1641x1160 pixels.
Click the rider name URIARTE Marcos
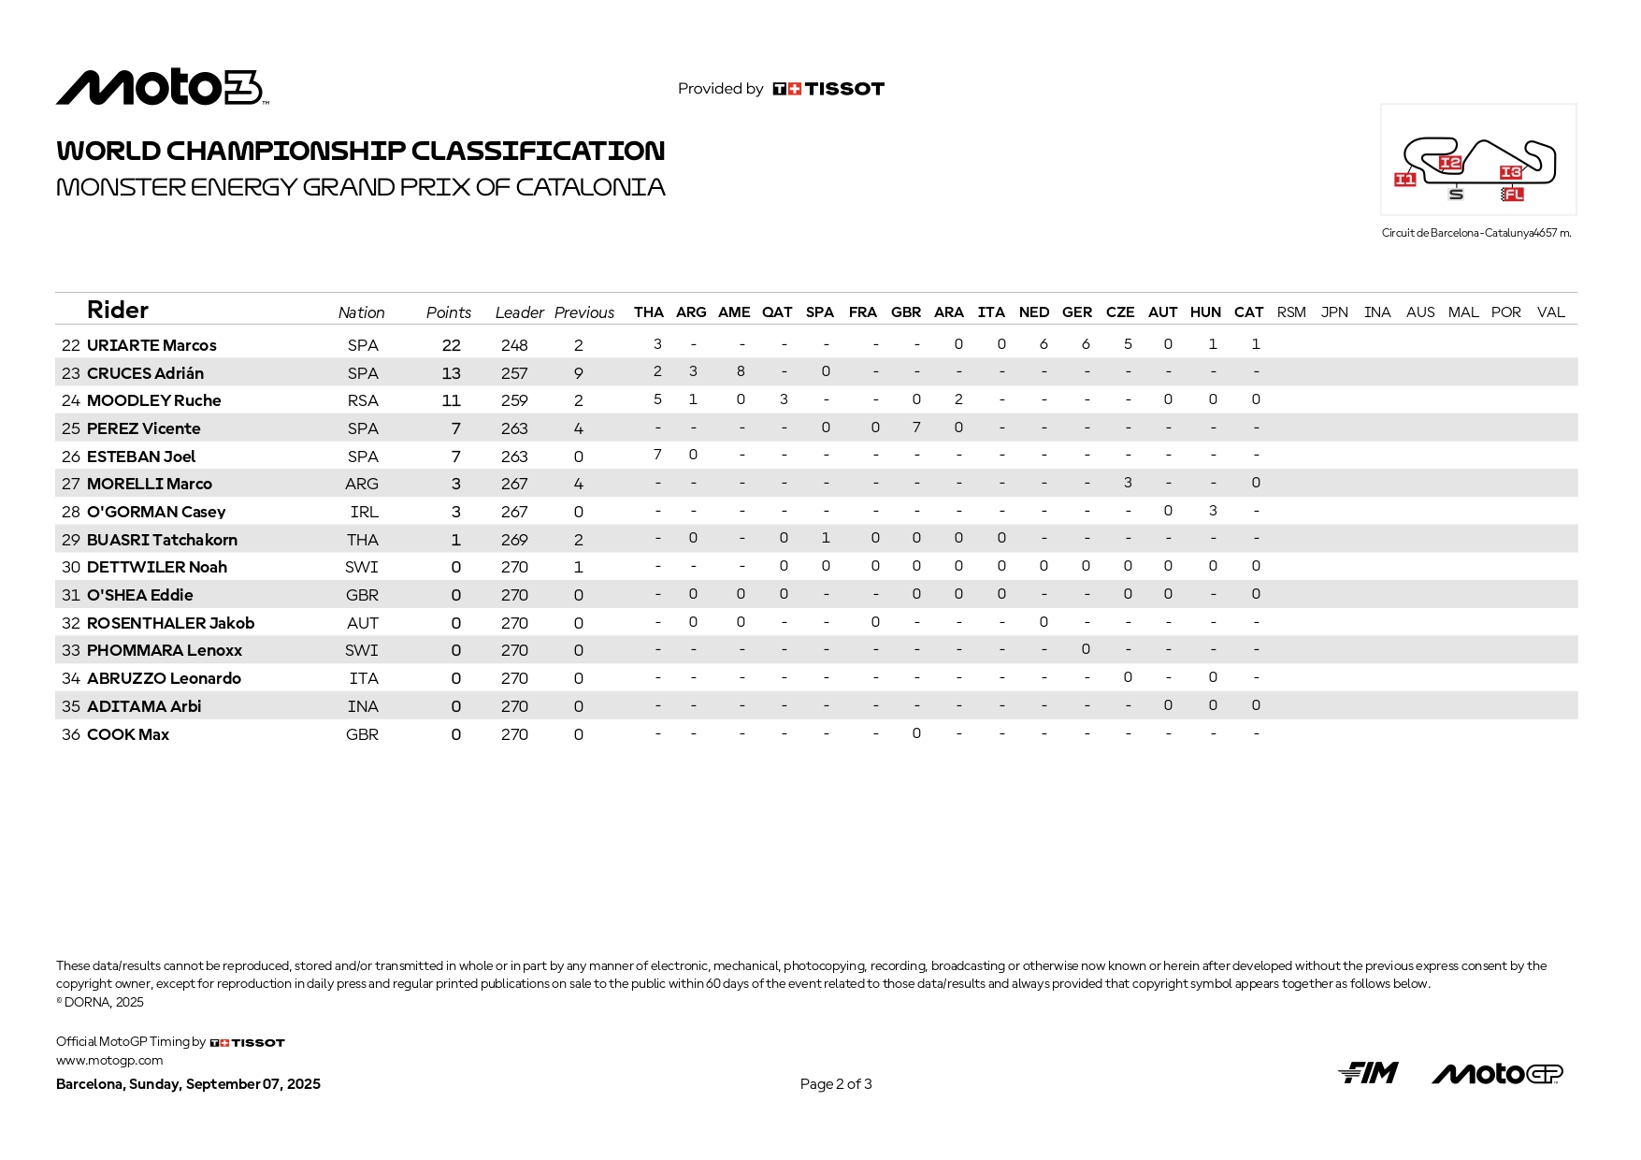[x=151, y=345]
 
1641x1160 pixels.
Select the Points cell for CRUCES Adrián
[x=451, y=373]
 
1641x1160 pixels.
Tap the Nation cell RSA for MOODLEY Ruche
[x=363, y=400]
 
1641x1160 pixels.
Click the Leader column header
[x=519, y=312]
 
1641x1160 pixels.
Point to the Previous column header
[x=583, y=312]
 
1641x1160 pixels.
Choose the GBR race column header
[x=905, y=312]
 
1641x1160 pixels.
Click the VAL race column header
[x=1550, y=312]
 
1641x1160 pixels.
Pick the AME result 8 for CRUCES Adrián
[x=741, y=371]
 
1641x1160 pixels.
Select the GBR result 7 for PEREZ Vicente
[x=916, y=428]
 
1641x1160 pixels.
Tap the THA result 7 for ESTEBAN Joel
[x=657, y=455]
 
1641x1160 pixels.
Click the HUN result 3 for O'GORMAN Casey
[x=1213, y=511]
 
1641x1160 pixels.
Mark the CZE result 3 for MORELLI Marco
[x=1128, y=483]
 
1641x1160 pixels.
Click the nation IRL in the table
[x=364, y=512]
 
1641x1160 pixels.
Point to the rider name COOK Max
[x=128, y=734]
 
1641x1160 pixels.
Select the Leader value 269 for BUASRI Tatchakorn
[x=514, y=540]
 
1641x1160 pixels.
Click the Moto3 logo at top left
[x=161, y=88]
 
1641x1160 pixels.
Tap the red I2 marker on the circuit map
[x=1449, y=163]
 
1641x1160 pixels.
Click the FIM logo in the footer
[x=1368, y=1073]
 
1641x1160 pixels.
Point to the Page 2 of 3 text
[x=836, y=1084]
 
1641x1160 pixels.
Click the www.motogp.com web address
[x=109, y=1061]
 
